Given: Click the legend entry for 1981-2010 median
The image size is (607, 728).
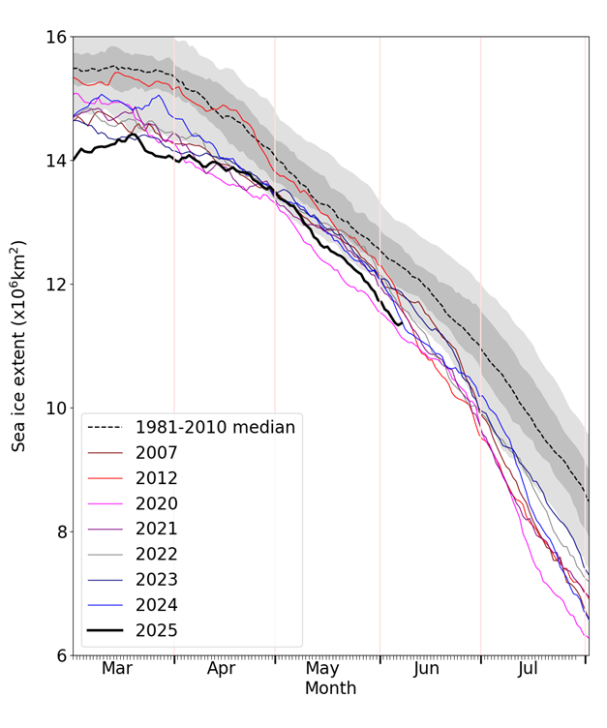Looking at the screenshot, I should click(214, 427).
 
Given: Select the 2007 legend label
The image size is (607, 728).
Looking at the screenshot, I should click(158, 452).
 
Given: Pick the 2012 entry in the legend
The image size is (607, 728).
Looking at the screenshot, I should click(158, 477).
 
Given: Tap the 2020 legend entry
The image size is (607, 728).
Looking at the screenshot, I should click(158, 503).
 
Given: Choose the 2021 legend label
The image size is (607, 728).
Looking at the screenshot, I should click(158, 529).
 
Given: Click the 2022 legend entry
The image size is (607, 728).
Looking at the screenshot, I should click(158, 554).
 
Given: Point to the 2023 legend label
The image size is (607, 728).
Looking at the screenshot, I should click(158, 580).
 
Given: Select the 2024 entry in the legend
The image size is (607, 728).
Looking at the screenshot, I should click(158, 605).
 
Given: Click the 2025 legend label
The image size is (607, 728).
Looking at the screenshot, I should click(158, 630).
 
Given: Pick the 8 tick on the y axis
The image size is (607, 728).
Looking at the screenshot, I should click(60, 532).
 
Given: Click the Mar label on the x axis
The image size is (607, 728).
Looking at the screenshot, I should click(117, 668).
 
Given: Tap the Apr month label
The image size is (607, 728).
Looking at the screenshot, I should click(222, 668).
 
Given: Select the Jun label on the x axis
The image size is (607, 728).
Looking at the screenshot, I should click(427, 668).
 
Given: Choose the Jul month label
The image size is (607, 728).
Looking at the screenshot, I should click(528, 668).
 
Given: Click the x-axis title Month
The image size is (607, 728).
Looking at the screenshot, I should click(330, 689).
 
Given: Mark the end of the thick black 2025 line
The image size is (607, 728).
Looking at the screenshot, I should click(402, 322).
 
